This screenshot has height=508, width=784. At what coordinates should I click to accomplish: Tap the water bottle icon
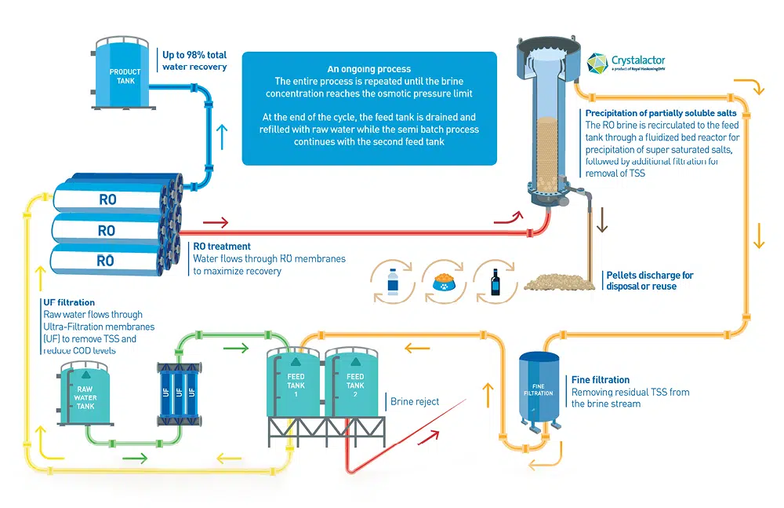[x=392, y=281]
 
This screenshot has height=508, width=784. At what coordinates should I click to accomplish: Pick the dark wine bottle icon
[x=495, y=281]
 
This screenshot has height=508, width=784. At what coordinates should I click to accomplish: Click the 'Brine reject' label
[x=415, y=402]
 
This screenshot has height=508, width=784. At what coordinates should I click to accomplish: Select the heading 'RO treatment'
[x=222, y=247]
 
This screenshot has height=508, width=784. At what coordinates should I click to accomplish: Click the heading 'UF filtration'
[x=69, y=302]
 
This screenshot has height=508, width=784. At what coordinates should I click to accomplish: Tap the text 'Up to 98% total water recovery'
[x=194, y=61]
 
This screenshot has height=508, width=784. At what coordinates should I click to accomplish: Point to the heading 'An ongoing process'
[x=368, y=69]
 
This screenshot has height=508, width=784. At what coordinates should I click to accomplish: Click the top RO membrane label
[x=107, y=199]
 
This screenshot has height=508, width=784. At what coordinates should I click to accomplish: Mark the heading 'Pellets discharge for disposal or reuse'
[x=649, y=281]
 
